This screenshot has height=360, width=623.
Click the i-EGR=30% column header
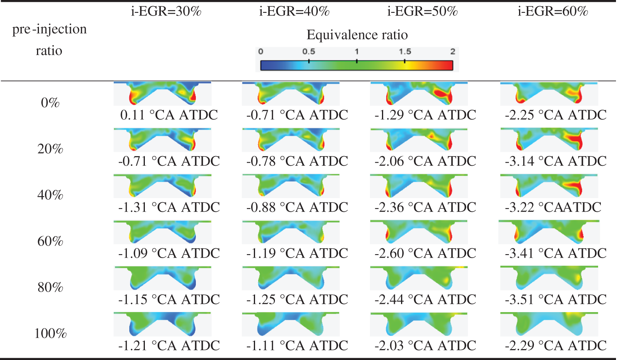pos(166,11)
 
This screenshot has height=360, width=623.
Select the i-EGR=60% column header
pos(553,11)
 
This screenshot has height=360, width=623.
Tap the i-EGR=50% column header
pos(422,11)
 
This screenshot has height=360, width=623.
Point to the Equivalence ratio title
pos(357,35)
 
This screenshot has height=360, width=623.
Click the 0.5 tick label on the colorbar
pos(308,51)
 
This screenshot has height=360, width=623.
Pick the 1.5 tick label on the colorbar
pos(405,51)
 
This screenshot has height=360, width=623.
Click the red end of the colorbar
pos(448,65)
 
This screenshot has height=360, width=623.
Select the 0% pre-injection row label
pos(50,103)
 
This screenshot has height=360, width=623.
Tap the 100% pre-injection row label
pos(50,334)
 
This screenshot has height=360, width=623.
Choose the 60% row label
pos(50,241)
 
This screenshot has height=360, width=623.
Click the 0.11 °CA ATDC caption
pos(169,115)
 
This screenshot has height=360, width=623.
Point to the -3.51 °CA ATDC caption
pos(556,300)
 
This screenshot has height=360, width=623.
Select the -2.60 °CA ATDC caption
pos(425,253)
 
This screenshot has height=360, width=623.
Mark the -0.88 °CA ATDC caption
pos(297,207)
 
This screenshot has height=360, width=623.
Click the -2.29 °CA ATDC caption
pos(556,346)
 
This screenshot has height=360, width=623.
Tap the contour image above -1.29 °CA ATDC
pos(419,93)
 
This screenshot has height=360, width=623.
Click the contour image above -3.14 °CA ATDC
pos(549,140)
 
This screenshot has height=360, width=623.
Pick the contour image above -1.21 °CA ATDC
pos(162,324)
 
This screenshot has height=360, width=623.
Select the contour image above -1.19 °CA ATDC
pos(290,232)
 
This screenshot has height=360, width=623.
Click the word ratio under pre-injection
pos(49,51)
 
